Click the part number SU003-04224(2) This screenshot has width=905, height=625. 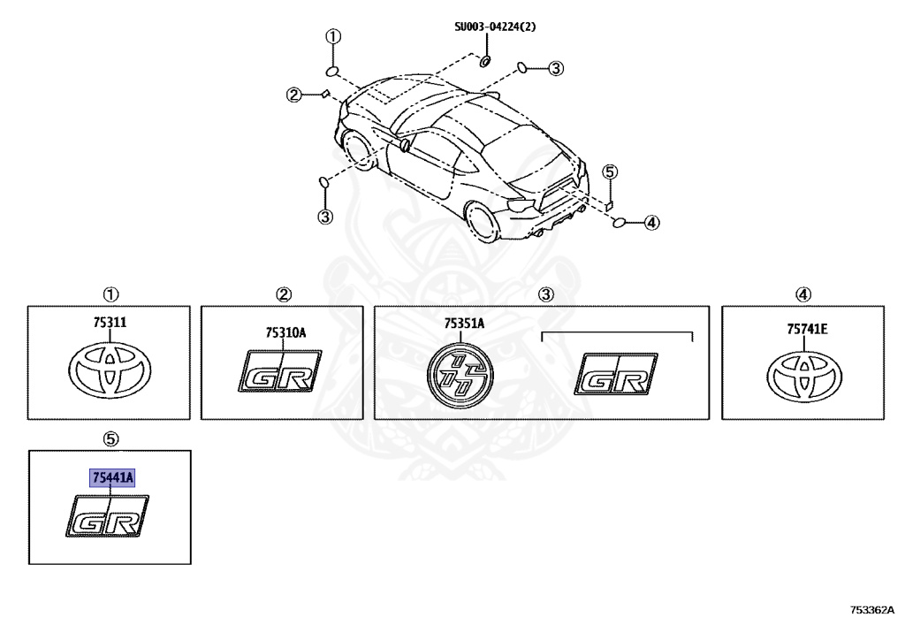[x=495, y=27]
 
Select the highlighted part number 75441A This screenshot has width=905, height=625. [x=112, y=478]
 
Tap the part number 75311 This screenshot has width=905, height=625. [x=111, y=324]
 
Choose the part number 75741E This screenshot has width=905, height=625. [x=807, y=330]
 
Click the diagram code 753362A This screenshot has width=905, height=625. [x=871, y=610]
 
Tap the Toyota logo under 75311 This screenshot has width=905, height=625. [x=110, y=370]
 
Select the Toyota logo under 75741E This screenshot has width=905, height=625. [x=807, y=375]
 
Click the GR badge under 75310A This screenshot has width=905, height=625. [x=281, y=371]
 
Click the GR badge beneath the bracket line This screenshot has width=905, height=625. [x=617, y=375]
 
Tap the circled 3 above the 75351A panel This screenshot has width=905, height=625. [x=545, y=294]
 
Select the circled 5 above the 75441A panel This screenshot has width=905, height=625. [x=110, y=438]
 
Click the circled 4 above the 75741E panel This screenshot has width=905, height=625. [x=802, y=294]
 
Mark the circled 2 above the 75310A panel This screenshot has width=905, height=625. [x=283, y=294]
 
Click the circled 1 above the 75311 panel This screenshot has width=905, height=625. [x=110, y=294]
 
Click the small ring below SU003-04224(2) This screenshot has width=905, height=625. [x=485, y=61]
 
